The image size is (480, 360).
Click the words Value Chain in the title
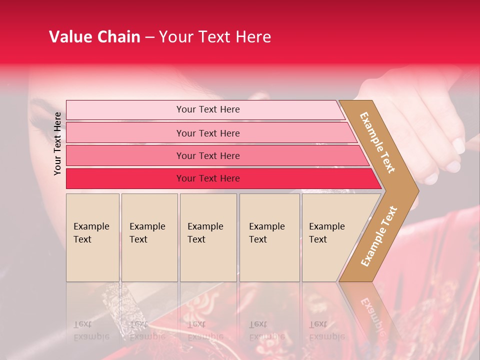pos(94,37)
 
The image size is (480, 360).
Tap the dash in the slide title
pos(149,37)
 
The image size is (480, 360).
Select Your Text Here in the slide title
pos(215,37)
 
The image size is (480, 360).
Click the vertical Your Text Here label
pos(57,143)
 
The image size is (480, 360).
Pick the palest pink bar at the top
pos(207,109)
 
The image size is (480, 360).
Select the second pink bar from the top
pos(207,133)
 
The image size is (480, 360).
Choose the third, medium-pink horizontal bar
pos(207,155)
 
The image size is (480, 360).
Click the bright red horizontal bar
pos(207,178)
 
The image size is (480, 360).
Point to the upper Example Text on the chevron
pos(377,142)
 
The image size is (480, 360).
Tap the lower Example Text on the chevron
pos(379,236)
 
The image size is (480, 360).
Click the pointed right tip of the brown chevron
pos(417,190)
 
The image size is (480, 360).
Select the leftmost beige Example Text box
pos(92,237)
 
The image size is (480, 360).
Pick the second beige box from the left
pos(149,237)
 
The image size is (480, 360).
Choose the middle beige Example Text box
pos(208,237)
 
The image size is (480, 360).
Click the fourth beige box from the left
pos(269,237)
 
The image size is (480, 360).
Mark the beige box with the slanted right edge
pos(330,237)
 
